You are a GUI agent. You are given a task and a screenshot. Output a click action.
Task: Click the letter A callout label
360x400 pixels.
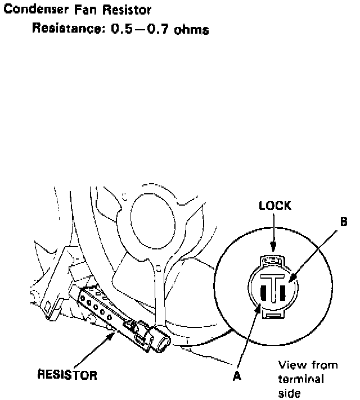[237, 377]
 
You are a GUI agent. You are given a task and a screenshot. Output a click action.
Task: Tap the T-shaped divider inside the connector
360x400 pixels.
[273, 287]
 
